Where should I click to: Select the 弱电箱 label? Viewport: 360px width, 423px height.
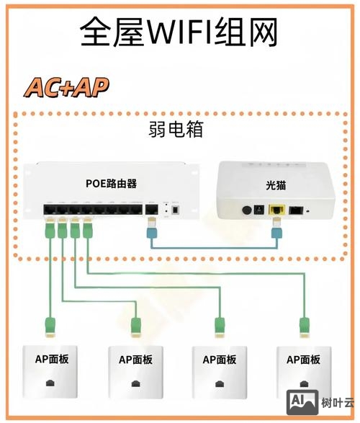point(175,130)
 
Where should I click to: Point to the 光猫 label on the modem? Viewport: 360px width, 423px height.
point(276,185)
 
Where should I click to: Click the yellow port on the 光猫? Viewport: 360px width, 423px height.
point(276,210)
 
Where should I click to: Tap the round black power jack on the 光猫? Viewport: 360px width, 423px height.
point(250,210)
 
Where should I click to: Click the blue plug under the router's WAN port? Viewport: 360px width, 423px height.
point(151,229)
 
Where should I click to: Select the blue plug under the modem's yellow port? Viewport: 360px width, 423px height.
point(276,231)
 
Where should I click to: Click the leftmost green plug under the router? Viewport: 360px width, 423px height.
point(49,231)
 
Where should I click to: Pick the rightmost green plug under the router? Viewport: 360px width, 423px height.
point(87,231)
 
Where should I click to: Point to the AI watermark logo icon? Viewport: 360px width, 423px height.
point(301,401)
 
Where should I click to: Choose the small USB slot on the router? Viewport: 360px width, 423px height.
point(175,210)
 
